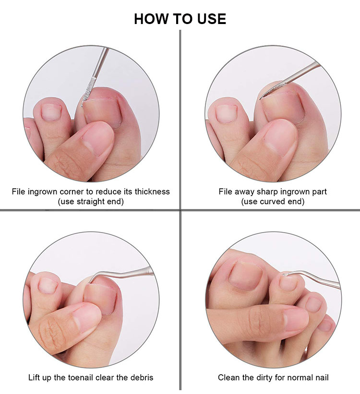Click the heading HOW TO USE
180,19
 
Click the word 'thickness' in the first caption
152,192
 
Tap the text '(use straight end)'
91,202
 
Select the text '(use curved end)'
273,202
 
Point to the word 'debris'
142,378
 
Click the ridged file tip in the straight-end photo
88,91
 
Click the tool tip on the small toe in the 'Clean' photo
286,274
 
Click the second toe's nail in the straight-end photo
51,112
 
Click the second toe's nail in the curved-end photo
227,113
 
